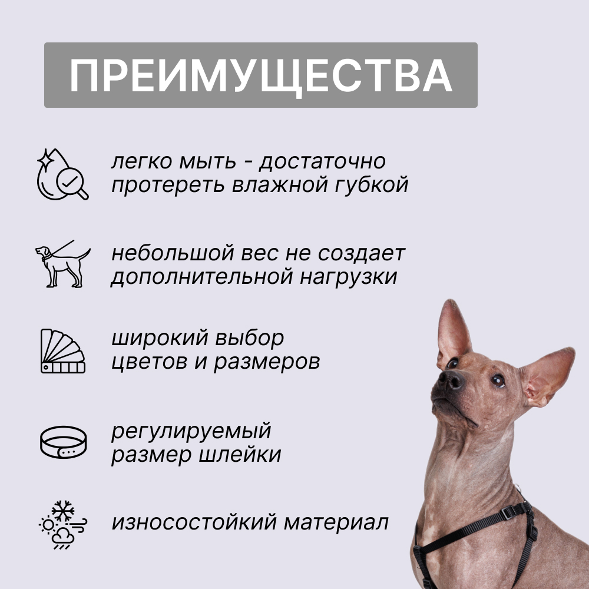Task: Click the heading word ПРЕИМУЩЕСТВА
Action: tap(261, 76)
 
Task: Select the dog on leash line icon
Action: tap(63, 264)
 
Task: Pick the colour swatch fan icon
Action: tap(63, 351)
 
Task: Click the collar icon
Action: tap(63, 442)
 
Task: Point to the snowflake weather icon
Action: tap(63, 525)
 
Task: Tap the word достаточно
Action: tap(322, 161)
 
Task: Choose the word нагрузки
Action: tap(348, 277)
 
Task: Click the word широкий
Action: tap(160, 337)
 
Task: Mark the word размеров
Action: tap(267, 362)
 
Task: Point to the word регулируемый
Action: tap(191, 431)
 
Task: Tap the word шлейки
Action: tap(239, 455)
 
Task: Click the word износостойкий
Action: tap(194, 522)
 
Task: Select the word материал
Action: tap(336, 522)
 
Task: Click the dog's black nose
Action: tap(451, 379)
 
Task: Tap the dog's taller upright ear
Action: tap(452, 332)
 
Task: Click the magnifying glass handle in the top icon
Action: tap(82, 193)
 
